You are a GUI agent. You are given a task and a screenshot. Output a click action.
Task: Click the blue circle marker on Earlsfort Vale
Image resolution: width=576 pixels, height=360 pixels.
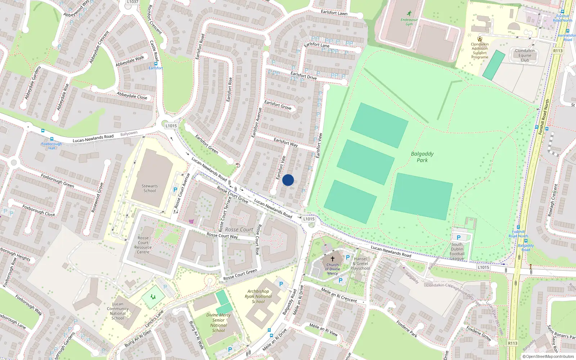pos(288,180)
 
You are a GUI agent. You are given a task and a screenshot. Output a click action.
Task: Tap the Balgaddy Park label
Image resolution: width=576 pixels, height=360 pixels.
pos(422,157)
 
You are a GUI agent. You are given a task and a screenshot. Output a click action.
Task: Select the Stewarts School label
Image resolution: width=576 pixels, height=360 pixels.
pos(150,188)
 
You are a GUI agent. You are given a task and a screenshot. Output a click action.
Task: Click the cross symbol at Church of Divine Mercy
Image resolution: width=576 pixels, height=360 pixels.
pos(333,258)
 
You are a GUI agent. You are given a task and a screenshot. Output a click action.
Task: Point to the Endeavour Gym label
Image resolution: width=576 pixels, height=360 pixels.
pos(409,22)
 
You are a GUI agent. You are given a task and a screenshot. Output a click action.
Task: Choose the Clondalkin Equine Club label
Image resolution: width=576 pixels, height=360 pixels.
pos(525,55)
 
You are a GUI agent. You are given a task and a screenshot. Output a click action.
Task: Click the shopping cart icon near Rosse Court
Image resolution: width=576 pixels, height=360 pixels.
pos(191,221)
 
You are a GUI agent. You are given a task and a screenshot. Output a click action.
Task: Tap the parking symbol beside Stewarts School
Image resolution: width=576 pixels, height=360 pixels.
pos(175,190)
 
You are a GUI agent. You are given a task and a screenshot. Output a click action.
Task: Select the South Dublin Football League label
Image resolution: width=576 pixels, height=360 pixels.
pos(457,251)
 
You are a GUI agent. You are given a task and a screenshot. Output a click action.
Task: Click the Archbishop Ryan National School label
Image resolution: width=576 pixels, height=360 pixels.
pos(258,296)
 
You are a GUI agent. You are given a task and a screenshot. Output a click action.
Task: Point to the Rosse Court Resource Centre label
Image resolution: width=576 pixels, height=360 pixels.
pos(143,245)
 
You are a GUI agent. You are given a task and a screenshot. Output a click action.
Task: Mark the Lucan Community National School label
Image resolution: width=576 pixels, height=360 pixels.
pos(118,311)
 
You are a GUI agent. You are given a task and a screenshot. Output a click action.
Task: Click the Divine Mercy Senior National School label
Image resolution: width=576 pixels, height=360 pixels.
pos(219,323)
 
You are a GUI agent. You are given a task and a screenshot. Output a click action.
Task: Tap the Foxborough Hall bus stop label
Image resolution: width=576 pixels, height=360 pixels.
pos(51,146)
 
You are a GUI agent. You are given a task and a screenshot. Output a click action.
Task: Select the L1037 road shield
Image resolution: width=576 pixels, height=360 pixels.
pos(132,2)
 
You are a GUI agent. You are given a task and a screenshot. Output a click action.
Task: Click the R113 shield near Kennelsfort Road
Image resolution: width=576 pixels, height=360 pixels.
pos(558,51)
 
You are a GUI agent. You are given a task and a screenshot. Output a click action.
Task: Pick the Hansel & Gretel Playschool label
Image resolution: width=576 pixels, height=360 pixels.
pos(360,264)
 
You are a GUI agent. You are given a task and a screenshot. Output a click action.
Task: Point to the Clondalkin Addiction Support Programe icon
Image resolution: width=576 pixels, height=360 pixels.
pos(480,39)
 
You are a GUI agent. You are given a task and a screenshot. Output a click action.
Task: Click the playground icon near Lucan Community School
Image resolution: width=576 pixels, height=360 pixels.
pos(153,297)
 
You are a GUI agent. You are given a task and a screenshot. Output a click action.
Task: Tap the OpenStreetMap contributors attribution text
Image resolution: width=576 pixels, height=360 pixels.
pos(548,356)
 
